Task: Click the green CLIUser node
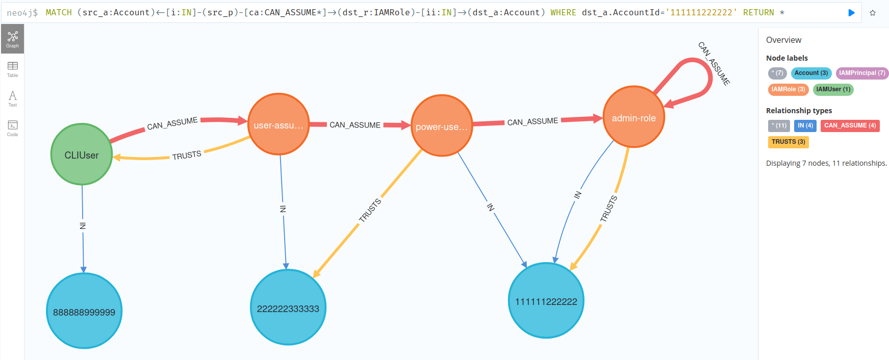(x=82, y=155)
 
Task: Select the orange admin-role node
(x=633, y=117)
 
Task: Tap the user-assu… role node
(x=278, y=124)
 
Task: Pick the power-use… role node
(x=442, y=126)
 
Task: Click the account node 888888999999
(x=84, y=311)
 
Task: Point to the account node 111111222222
(x=546, y=301)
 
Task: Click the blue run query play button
(x=851, y=13)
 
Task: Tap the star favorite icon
(x=873, y=13)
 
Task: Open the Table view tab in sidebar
(x=12, y=69)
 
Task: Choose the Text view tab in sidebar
(x=12, y=98)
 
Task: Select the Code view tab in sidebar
(x=12, y=128)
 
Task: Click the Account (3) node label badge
(x=811, y=73)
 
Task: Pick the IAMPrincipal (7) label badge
(x=862, y=73)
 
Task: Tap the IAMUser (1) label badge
(x=833, y=89)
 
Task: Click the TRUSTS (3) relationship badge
(x=788, y=142)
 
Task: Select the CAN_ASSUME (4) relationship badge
(x=850, y=125)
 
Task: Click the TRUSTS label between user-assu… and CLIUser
(x=187, y=155)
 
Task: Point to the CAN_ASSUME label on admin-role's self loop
(x=714, y=63)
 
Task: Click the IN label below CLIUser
(x=83, y=225)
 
